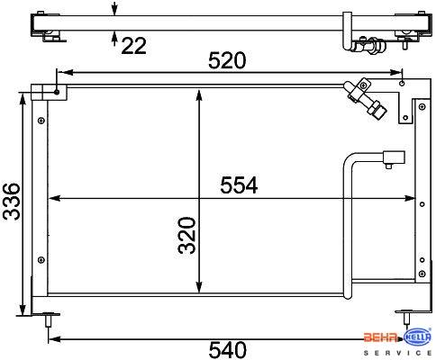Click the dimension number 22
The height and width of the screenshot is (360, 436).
(134, 46)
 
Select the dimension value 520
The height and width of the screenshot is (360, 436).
(227, 60)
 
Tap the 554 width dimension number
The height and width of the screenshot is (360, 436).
(239, 185)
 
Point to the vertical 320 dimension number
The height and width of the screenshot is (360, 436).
(186, 236)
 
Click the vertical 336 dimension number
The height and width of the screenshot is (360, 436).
(11, 202)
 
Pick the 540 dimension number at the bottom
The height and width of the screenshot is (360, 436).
(227, 350)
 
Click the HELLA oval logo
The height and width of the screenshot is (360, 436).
(417, 338)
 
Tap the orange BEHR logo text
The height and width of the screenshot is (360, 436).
(381, 337)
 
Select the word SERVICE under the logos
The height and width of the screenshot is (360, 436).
(397, 353)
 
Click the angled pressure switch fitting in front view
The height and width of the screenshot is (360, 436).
(366, 99)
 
